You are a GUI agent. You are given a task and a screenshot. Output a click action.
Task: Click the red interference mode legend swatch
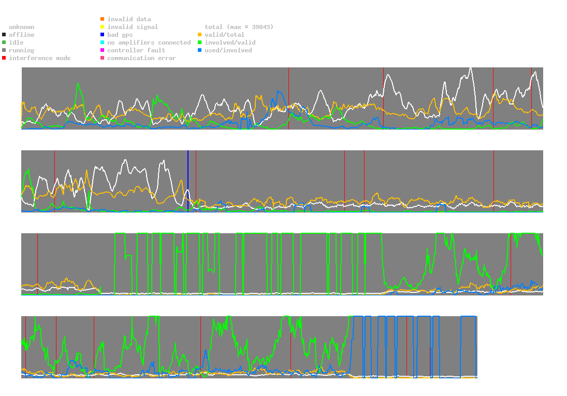(4, 58)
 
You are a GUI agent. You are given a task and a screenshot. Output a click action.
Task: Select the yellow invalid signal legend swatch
(103, 27)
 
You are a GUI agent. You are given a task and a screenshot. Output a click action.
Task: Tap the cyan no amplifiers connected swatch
(103, 43)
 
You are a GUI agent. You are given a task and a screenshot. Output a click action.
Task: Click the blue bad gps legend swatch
(103, 35)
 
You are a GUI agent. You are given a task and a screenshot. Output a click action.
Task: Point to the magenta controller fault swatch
(103, 50)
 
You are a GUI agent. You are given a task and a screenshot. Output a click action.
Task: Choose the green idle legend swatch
(4, 43)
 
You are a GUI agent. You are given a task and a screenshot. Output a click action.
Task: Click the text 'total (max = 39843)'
(239, 27)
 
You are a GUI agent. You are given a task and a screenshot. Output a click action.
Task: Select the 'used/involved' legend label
(228, 50)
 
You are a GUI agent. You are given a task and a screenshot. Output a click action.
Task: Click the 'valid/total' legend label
(224, 35)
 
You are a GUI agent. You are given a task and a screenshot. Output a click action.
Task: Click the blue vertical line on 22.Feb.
(188, 181)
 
